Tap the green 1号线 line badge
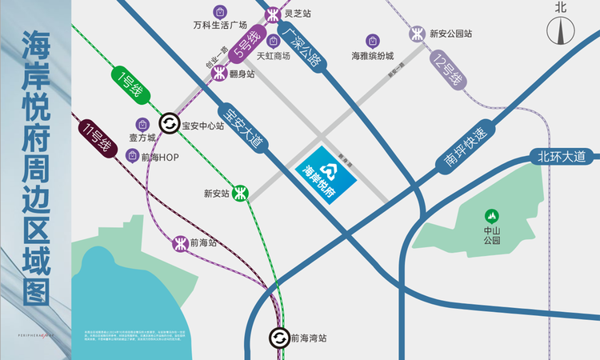click(126, 83)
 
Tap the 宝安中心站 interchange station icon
click(169, 124)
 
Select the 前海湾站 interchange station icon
click(278, 338)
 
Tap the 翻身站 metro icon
click(219, 74)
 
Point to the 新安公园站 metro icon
click(418, 34)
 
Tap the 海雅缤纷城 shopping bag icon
click(372, 40)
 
